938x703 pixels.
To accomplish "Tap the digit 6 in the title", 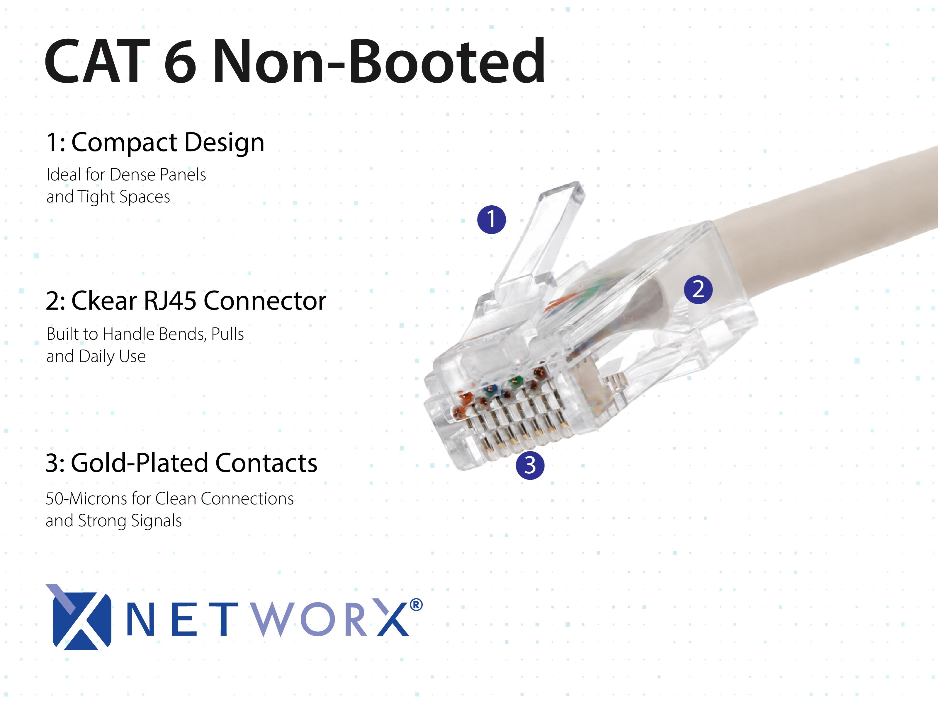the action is tap(180, 62).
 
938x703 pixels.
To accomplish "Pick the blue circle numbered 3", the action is tap(530, 465).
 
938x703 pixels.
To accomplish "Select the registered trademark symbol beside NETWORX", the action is tap(417, 605).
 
